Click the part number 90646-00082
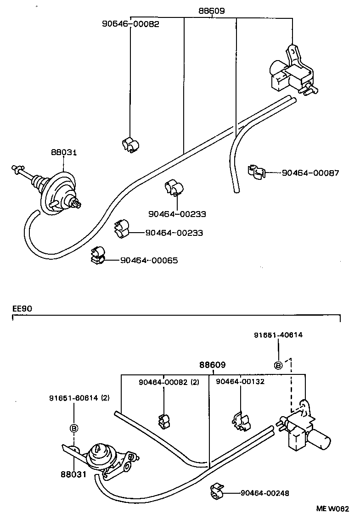click(130, 24)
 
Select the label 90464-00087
click(310, 173)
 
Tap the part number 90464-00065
click(149, 260)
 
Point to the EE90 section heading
click(22, 309)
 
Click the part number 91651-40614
click(278, 335)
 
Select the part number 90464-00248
click(264, 493)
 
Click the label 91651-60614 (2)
click(79, 398)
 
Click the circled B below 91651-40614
click(278, 365)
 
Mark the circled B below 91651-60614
click(73, 428)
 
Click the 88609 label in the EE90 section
click(212, 365)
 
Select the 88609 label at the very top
click(212, 11)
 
